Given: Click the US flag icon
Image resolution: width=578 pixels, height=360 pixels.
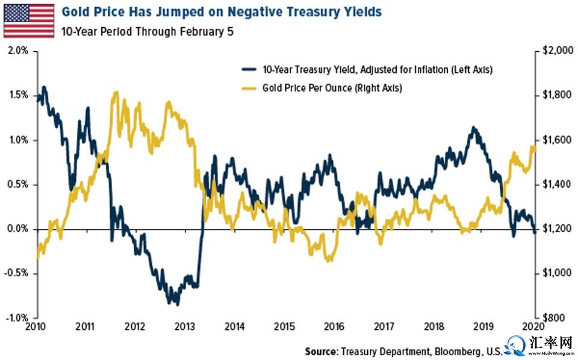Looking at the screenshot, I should pos(28,19).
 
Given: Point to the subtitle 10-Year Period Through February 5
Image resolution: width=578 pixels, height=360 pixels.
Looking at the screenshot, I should pos(147,31).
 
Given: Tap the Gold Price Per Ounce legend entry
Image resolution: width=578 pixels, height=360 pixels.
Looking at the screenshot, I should pos(332,87).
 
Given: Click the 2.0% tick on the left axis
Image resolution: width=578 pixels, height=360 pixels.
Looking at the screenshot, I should pos(19,51).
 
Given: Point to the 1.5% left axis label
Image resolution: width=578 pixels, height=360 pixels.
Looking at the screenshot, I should pos(19,95).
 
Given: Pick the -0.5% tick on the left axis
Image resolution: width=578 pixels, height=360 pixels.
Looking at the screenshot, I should pos(17,273).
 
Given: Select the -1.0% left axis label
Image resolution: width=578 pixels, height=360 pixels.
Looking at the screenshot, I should pos(17,318).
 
